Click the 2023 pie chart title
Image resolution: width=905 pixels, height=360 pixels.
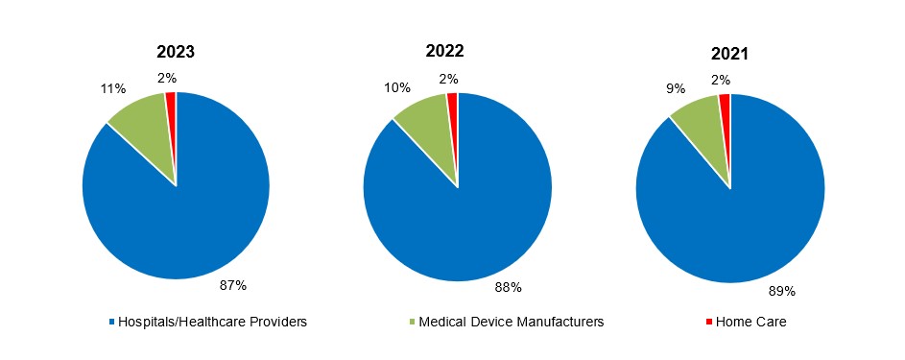pyautogui.click(x=176, y=52)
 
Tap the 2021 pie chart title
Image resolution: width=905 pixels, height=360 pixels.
pyautogui.click(x=730, y=54)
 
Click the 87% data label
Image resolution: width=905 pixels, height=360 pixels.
pyautogui.click(x=233, y=285)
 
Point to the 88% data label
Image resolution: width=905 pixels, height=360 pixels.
pyautogui.click(x=508, y=286)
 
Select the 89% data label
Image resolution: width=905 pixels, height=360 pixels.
pyautogui.click(x=782, y=291)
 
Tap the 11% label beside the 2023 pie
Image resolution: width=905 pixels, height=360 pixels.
pyautogui.click(x=114, y=89)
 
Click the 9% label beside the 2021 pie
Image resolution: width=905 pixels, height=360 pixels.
pyautogui.click(x=676, y=88)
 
